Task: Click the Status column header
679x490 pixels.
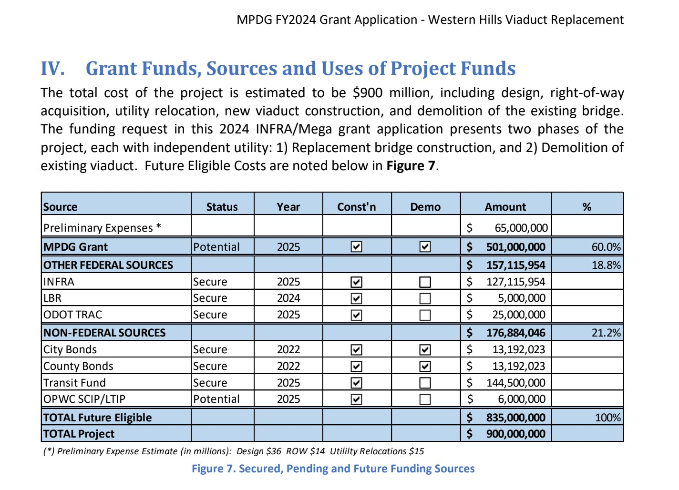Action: pyautogui.click(x=222, y=207)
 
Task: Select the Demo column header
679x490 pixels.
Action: pyautogui.click(x=425, y=207)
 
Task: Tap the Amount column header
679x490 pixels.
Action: pyautogui.click(x=505, y=207)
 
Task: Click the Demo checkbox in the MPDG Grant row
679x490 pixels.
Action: pyautogui.click(x=425, y=246)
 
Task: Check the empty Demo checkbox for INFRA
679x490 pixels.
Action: pyautogui.click(x=425, y=282)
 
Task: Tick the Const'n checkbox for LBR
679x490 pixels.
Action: pyautogui.click(x=356, y=298)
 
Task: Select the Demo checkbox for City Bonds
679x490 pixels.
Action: pyautogui.click(x=425, y=350)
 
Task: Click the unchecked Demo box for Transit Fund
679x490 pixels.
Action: pyautogui.click(x=425, y=383)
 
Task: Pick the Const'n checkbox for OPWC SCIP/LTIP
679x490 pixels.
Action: pyautogui.click(x=356, y=399)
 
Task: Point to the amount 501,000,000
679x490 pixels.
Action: pyautogui.click(x=515, y=247)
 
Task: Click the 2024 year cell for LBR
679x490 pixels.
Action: pyautogui.click(x=288, y=298)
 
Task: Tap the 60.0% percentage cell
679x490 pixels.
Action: pyautogui.click(x=606, y=247)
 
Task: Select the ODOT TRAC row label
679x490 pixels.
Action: pyautogui.click(x=73, y=315)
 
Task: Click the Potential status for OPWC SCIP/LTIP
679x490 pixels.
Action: pyautogui.click(x=216, y=399)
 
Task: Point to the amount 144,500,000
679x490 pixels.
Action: pyautogui.click(x=515, y=383)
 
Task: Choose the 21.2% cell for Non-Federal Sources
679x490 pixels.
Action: pyautogui.click(x=606, y=333)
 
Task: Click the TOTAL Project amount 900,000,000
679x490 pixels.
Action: pyautogui.click(x=515, y=434)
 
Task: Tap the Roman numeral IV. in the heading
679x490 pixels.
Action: pyautogui.click(x=53, y=68)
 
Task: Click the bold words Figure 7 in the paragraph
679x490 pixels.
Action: pyautogui.click(x=411, y=166)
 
